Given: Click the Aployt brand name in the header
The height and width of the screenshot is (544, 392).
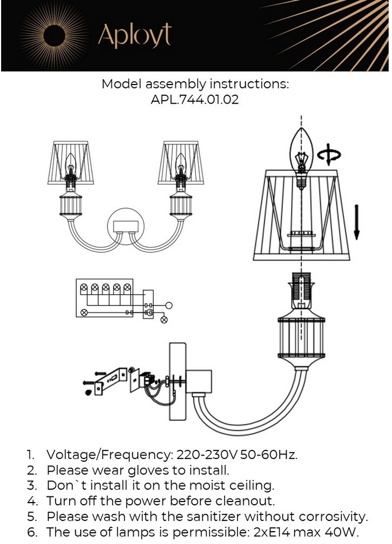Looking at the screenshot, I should pos(134,35).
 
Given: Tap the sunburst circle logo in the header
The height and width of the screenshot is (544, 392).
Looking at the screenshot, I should pos(55,35).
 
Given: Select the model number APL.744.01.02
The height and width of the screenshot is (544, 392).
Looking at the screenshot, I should pos(195,100).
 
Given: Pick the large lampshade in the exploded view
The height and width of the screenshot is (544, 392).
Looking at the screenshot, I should pos(302,215).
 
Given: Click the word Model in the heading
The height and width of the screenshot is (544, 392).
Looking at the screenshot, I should pos(122,85).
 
